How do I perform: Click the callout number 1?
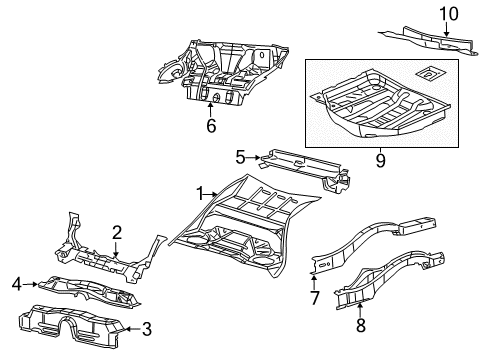pyautogui.click(x=200, y=194)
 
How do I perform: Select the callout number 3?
pyautogui.click(x=146, y=327)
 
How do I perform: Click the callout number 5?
pyautogui.click(x=240, y=156)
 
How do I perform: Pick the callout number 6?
pyautogui.click(x=211, y=126)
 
